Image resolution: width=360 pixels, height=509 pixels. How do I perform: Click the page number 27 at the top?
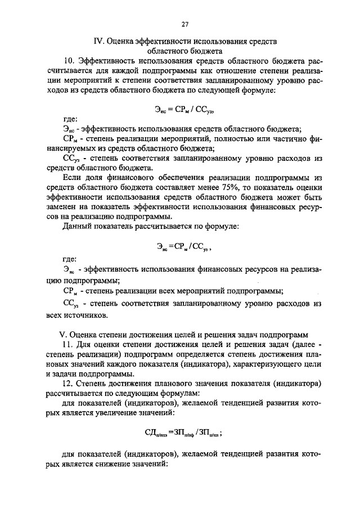click(185, 24)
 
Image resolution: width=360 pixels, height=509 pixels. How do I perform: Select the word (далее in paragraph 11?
click(298, 344)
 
